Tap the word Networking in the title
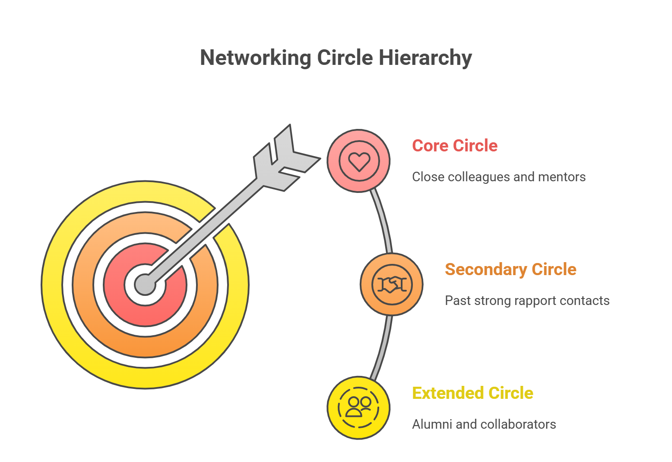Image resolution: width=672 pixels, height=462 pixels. click(x=255, y=58)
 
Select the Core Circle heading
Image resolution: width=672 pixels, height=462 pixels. click(x=454, y=146)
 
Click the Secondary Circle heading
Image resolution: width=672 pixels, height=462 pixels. click(x=510, y=269)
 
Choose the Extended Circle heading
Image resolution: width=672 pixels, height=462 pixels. click(x=472, y=393)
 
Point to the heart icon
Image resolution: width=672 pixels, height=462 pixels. click(x=359, y=161)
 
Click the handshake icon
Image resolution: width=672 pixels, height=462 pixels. click(x=392, y=285)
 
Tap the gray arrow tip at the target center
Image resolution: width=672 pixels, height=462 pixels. click(x=145, y=285)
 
